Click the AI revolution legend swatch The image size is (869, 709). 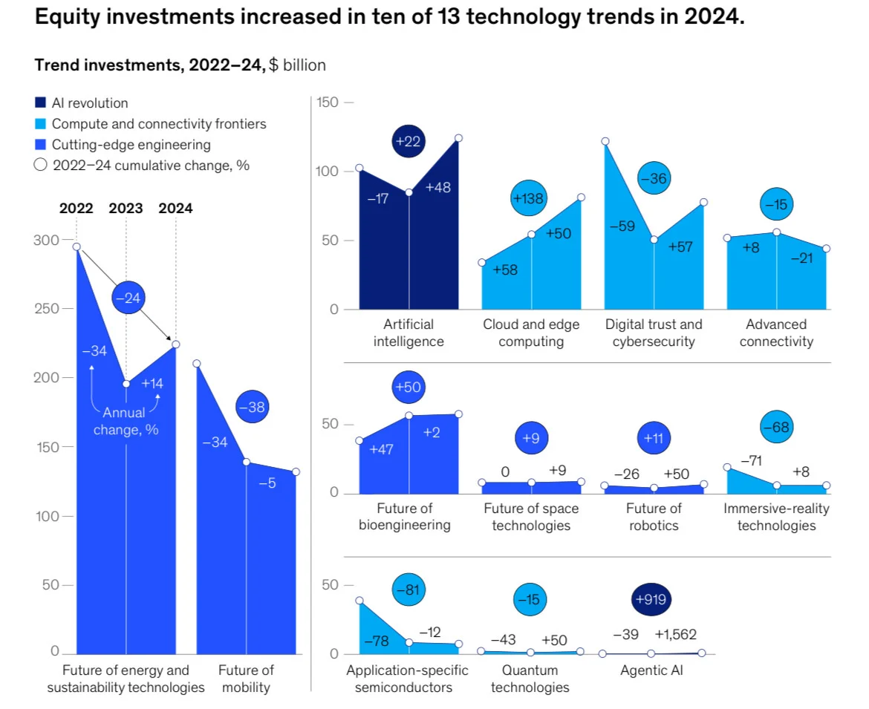[x=41, y=103]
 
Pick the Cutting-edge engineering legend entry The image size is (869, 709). [x=131, y=145]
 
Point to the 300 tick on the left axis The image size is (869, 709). [x=44, y=240]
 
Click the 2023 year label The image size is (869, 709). [x=126, y=208]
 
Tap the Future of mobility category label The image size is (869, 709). [x=246, y=679]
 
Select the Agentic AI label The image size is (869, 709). [x=651, y=670]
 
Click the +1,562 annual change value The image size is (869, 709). [x=676, y=635]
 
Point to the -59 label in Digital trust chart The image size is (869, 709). [x=622, y=226]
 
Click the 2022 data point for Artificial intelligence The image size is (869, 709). [x=359, y=169]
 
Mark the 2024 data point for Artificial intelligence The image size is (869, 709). [x=458, y=138]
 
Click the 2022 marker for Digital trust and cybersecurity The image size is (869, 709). [x=605, y=141]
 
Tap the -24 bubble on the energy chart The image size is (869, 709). [x=128, y=298]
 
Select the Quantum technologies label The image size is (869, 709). [x=530, y=679]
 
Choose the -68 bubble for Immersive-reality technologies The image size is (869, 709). [x=776, y=427]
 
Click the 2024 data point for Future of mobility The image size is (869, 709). [x=296, y=471]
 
